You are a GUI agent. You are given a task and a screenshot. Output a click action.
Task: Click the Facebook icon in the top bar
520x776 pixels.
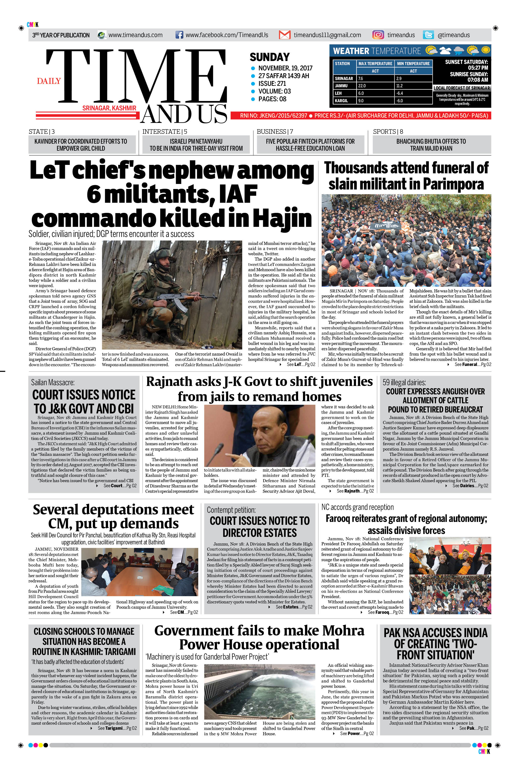coord(179,35)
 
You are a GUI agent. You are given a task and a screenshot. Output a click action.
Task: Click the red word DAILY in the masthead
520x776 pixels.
coord(49,81)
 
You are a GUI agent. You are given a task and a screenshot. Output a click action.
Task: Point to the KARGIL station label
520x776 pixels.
coord(341,101)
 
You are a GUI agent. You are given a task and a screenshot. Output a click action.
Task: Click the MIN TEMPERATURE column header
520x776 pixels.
coord(413,63)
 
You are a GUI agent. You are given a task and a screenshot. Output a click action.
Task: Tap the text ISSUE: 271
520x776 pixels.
coord(272,84)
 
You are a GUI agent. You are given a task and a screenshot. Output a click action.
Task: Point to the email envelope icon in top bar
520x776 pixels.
coord(285,35)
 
